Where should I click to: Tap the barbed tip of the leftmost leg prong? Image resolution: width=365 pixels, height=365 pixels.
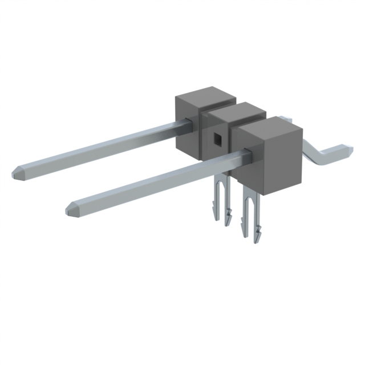214,215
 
